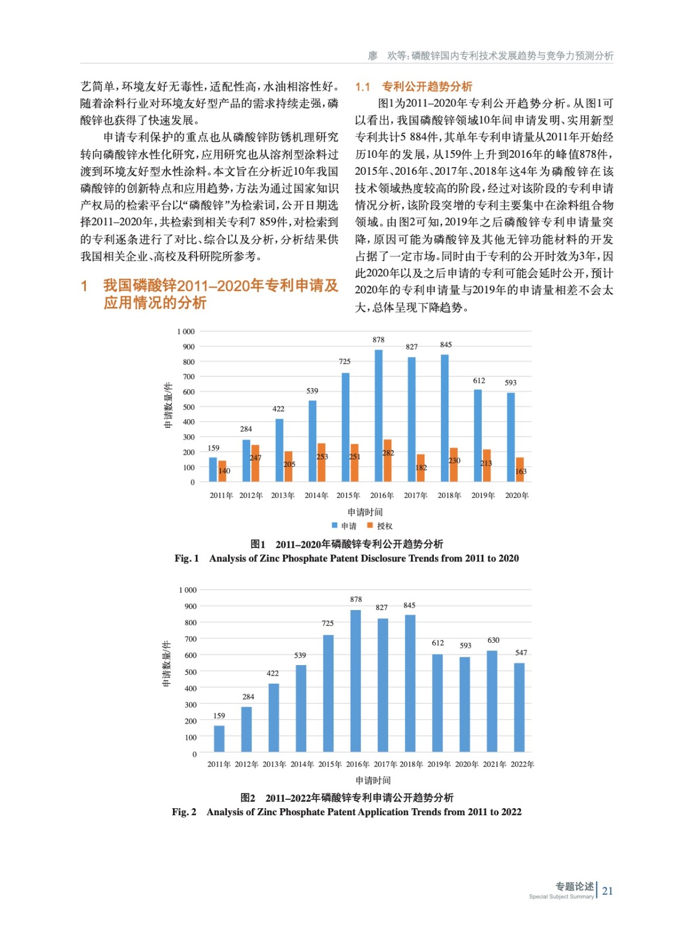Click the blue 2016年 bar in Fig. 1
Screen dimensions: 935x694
378,415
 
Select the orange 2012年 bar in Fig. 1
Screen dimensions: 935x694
255,463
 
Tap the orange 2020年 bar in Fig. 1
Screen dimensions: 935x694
520,470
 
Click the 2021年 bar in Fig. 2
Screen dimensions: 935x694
492,701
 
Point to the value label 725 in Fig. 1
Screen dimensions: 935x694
344,362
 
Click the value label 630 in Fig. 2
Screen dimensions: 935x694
493,640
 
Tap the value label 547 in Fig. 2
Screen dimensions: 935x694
521,653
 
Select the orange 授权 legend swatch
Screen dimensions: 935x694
370,525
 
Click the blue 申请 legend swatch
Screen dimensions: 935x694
334,525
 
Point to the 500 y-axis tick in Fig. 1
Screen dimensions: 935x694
188,407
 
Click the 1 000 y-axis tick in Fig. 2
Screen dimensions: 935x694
188,590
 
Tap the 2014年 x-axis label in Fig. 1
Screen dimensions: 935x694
316,496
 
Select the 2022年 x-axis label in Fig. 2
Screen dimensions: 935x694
522,764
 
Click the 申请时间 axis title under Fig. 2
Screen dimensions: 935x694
373,781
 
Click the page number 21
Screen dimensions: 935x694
607,891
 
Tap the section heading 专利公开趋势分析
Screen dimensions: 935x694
427,87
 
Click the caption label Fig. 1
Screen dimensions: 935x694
187,559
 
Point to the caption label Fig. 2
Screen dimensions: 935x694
184,812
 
